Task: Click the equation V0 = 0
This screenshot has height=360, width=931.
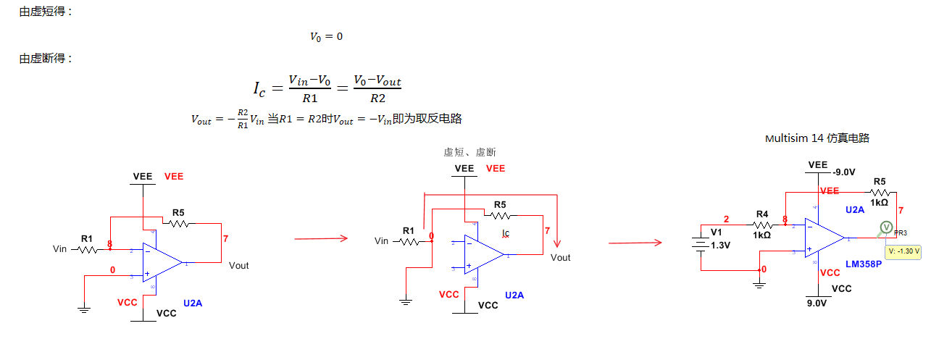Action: point(326,36)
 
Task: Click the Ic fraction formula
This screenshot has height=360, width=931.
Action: point(327,88)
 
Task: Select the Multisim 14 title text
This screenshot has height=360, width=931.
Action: point(817,138)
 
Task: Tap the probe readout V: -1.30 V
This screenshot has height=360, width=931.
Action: point(903,251)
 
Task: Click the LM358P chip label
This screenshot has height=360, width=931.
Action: point(864,264)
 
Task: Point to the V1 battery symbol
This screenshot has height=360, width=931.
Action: point(701,246)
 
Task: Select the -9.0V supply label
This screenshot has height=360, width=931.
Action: point(845,172)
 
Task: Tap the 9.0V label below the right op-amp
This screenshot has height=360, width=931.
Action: point(817,304)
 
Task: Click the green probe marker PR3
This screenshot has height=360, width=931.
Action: point(885,228)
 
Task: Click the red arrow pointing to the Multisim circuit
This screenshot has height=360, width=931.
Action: point(635,243)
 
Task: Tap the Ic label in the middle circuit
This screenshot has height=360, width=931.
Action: point(506,233)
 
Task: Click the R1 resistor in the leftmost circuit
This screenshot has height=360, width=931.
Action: point(87,248)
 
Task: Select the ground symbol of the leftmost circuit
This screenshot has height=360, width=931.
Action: point(84,309)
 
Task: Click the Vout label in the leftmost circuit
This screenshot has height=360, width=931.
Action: point(238,265)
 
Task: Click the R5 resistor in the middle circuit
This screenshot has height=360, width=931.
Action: point(499,215)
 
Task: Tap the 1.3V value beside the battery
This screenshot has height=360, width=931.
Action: point(722,245)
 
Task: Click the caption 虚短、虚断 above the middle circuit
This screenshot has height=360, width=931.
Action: point(469,152)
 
